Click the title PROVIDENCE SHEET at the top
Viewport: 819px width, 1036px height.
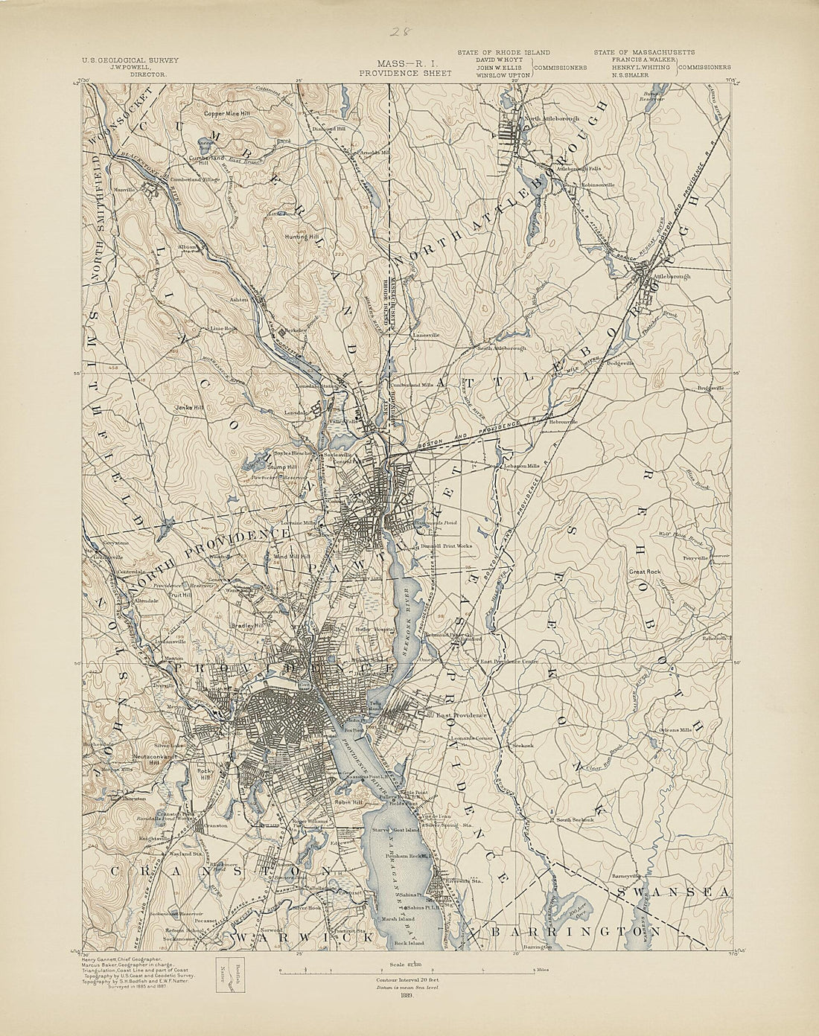click(x=404, y=74)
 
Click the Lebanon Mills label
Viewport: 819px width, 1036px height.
click(x=522, y=466)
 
